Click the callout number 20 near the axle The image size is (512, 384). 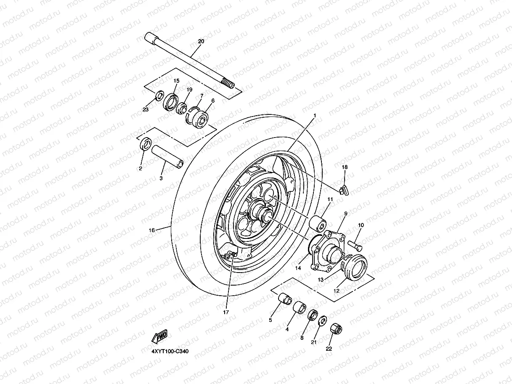201,41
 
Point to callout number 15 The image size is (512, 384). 176,80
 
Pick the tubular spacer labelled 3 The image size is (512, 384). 167,156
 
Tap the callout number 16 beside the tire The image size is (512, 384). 151,230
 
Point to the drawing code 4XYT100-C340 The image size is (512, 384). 167,351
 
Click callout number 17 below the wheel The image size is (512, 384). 226,312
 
